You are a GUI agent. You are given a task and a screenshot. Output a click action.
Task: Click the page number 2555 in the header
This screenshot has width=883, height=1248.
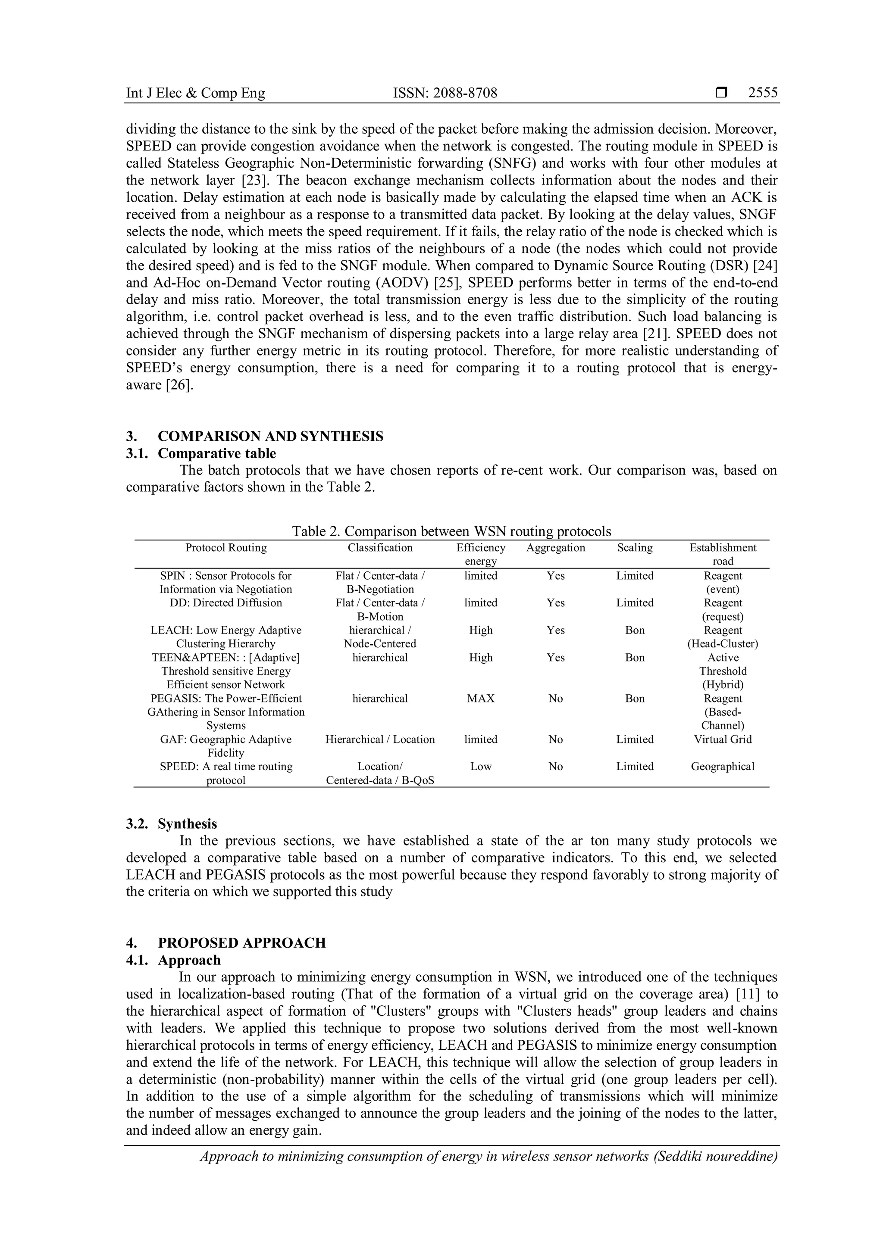point(762,93)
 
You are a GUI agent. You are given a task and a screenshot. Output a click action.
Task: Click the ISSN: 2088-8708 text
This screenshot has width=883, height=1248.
point(445,93)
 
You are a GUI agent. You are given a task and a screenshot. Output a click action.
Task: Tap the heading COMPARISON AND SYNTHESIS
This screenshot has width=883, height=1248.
point(270,437)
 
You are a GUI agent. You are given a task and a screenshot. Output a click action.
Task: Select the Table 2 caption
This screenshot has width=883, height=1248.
point(451,531)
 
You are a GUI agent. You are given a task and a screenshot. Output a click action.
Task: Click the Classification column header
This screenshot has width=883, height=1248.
point(380,548)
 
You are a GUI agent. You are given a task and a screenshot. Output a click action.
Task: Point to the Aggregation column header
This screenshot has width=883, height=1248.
point(555,548)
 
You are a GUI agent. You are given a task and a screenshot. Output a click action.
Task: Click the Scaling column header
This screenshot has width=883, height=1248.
point(635,548)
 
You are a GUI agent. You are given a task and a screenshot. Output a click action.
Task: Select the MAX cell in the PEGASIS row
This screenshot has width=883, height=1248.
point(481,699)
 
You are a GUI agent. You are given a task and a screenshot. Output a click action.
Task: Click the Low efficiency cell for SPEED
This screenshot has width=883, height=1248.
point(481,766)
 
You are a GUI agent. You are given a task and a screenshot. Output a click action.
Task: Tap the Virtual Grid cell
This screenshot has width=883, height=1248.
point(723,739)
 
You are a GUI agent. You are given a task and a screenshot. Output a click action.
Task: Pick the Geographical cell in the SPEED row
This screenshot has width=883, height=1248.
point(723,766)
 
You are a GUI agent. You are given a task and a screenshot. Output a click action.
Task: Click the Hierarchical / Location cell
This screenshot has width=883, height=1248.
point(380,739)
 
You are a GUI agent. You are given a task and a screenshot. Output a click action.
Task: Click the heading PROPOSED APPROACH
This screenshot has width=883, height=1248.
point(241,943)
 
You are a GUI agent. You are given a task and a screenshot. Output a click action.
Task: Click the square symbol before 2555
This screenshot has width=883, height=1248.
point(721,93)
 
